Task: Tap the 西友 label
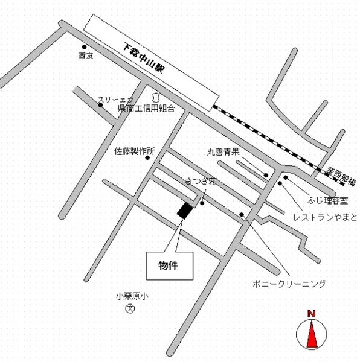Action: tap(86, 56)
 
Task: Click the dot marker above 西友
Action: tap(84, 47)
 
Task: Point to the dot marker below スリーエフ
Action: tap(101, 106)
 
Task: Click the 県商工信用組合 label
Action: tap(146, 109)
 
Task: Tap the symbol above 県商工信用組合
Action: tap(155, 96)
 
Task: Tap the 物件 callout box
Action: tap(170, 265)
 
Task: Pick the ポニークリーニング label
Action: tap(290, 283)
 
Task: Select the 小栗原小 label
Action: tap(132, 296)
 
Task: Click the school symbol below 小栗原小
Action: tap(129, 309)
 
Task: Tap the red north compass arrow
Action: tap(312, 334)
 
